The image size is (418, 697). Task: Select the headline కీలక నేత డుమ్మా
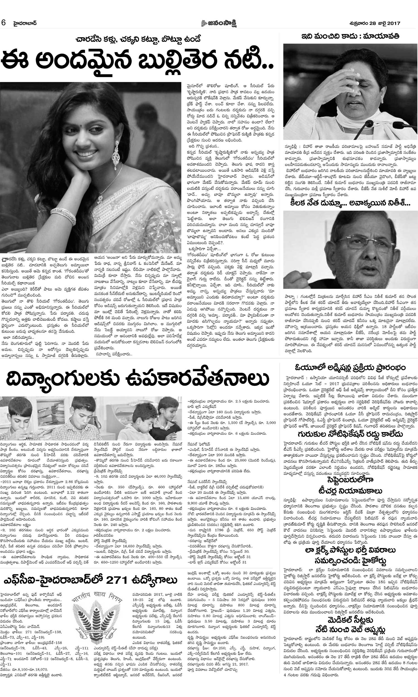tap(350, 203)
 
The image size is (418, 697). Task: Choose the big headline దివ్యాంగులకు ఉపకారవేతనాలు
tap(138, 381)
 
